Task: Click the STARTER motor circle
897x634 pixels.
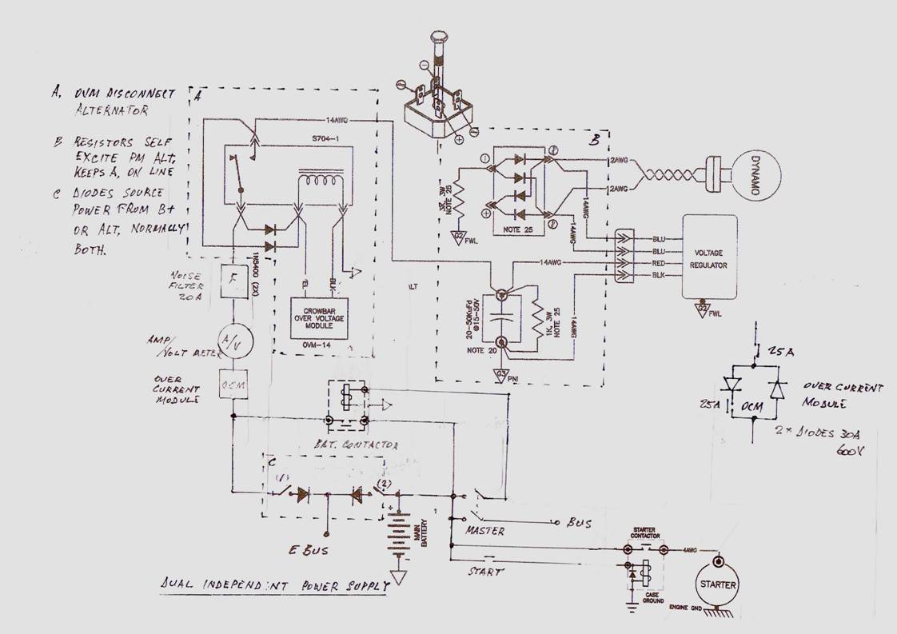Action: click(x=716, y=584)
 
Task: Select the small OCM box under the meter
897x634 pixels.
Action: click(x=232, y=385)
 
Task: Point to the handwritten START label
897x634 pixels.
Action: click(x=484, y=572)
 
